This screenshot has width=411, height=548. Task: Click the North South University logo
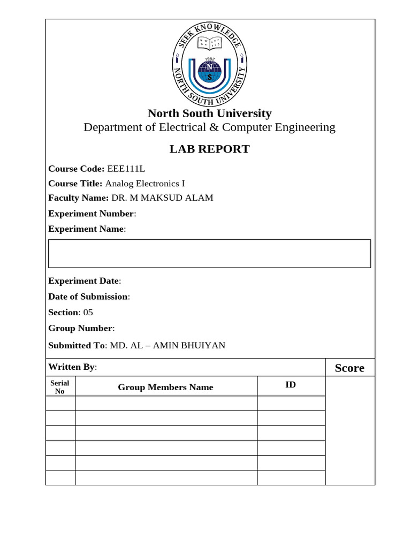pos(209,64)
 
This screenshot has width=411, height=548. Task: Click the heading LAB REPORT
pos(209,149)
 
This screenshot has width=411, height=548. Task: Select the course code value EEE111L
pos(126,169)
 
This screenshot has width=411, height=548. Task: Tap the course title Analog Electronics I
pos(144,183)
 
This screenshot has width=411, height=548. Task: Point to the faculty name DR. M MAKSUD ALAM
pos(162,197)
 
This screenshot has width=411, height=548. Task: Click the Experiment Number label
pos(91,214)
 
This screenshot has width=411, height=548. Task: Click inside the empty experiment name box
pos(209,254)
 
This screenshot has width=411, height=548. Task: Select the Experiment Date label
pos(83,281)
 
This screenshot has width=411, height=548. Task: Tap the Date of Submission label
pos(88,296)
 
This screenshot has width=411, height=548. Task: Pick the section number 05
pos(88,312)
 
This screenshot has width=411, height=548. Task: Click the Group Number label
pos(80,328)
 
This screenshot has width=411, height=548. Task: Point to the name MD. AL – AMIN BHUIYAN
pos(168,345)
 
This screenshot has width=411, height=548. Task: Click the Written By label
pos(72,367)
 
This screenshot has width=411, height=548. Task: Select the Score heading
pos(349,368)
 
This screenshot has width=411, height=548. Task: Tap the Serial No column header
pos(60,387)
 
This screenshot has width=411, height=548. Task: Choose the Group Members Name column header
pos(165,387)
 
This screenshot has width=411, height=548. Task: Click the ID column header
pos(291,385)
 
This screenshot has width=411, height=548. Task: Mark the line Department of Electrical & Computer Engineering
pos(209,127)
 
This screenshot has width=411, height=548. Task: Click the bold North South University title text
pos(209,113)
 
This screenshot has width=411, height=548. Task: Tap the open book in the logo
pos(210,44)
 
